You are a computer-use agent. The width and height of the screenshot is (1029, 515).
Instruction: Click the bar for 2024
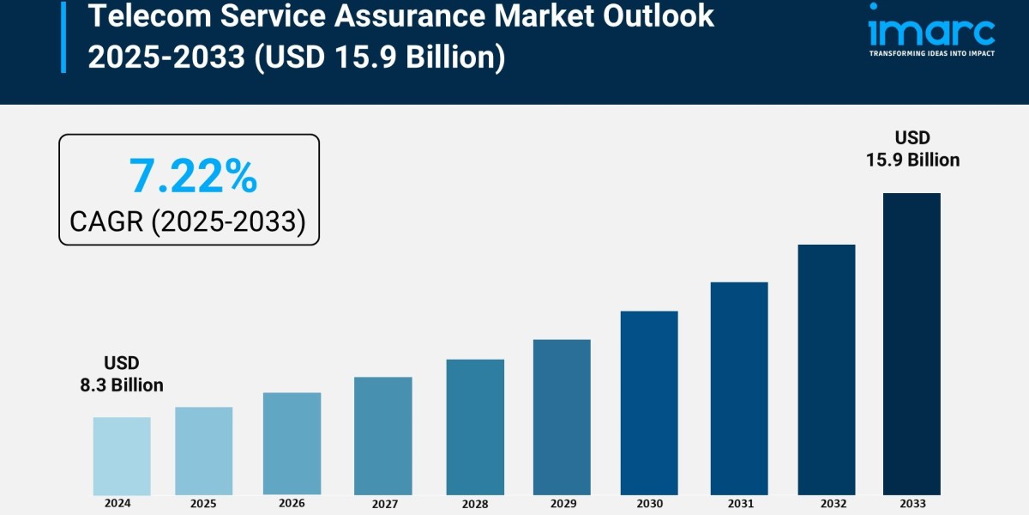(x=122, y=456)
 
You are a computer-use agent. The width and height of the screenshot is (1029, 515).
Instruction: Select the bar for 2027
(x=382, y=435)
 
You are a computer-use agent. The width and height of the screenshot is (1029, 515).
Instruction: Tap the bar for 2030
(x=649, y=403)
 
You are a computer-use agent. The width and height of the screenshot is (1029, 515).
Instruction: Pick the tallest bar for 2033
(x=912, y=343)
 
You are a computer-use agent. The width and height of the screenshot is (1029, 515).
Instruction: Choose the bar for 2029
(x=562, y=417)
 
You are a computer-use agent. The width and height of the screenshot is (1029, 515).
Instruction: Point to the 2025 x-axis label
(x=203, y=504)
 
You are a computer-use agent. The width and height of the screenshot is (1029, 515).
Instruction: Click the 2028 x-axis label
(x=475, y=504)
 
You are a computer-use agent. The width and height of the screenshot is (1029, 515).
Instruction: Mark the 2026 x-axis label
(x=292, y=504)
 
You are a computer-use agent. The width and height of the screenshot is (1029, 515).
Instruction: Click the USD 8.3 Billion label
(x=122, y=374)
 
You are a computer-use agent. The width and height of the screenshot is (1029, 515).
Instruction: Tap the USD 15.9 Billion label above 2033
(x=912, y=149)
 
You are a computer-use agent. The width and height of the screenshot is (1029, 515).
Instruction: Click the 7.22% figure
(x=193, y=176)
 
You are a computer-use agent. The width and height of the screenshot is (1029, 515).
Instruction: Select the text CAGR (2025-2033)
(x=188, y=222)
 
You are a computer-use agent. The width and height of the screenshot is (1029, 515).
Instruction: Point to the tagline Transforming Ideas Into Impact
(x=931, y=53)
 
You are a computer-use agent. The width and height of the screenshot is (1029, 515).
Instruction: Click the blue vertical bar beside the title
(x=63, y=36)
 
